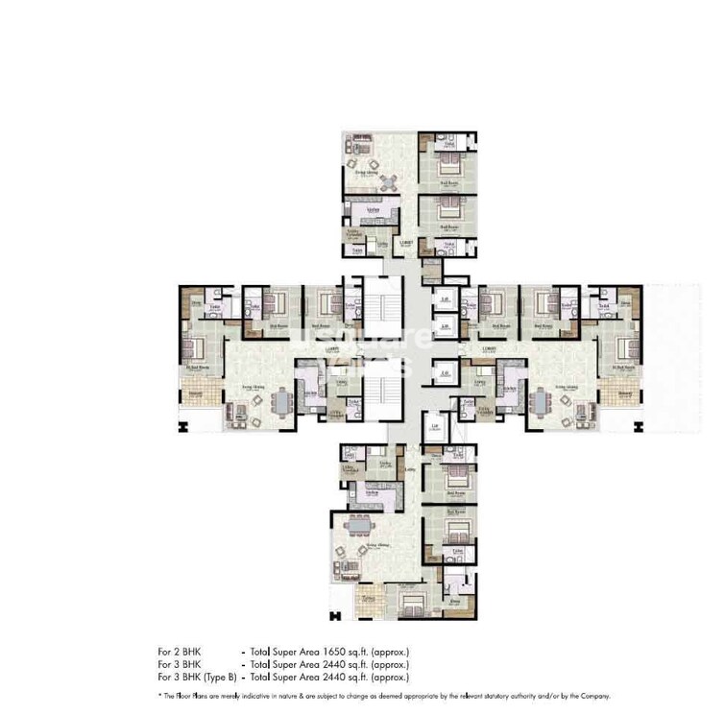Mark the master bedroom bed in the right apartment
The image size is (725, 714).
[622, 344]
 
